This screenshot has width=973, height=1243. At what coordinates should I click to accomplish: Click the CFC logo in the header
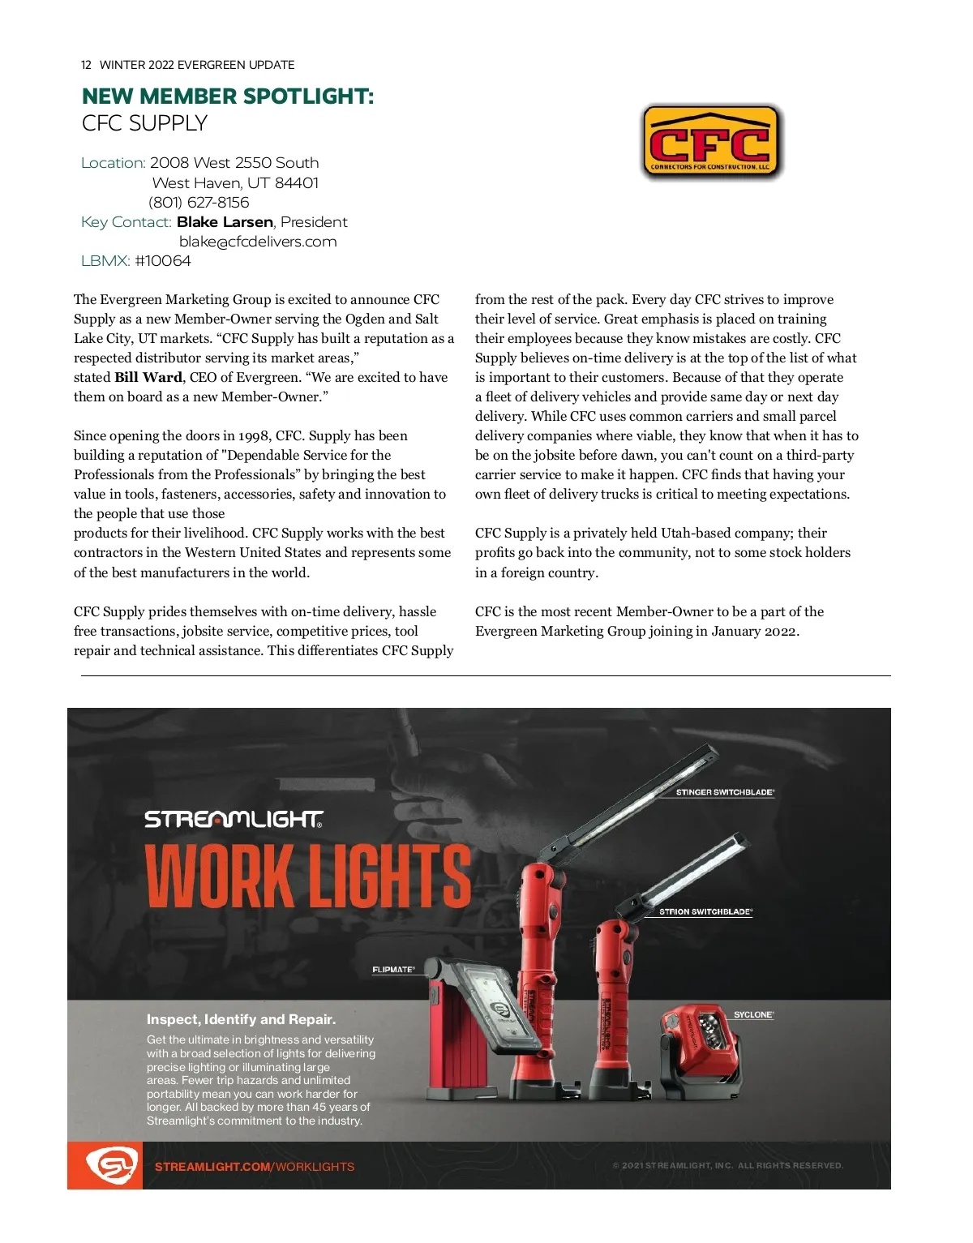coord(710,142)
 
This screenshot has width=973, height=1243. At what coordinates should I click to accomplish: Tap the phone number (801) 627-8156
coord(199,203)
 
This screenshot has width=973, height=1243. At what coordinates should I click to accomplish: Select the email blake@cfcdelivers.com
coord(258,242)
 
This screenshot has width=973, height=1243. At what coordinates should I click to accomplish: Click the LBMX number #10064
coord(163,261)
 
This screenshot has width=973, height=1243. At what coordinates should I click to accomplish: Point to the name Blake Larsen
coord(225,222)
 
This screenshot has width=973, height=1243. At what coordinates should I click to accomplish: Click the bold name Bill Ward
coord(148,377)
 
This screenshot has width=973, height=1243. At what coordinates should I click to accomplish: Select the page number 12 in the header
coord(86,65)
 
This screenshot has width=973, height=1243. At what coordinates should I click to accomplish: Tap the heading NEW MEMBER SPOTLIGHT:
coord(228,96)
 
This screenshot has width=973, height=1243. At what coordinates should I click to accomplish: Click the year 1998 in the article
coord(254,436)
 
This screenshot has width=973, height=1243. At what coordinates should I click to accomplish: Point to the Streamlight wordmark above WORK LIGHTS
coord(234,820)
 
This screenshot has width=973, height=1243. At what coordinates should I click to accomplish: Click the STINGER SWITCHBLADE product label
coord(725,792)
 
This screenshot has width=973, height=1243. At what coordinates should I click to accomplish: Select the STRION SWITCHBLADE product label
coord(705,911)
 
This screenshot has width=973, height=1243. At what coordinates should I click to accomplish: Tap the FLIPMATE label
coord(393,970)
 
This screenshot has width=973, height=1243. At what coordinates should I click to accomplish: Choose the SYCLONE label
coord(753,1014)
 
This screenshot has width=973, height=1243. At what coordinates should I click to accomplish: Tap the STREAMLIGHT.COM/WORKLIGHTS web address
coord(255,1167)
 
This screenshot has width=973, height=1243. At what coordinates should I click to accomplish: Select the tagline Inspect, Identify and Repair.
coord(241,1019)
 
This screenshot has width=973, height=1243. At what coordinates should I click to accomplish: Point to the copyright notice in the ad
coord(727,1166)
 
